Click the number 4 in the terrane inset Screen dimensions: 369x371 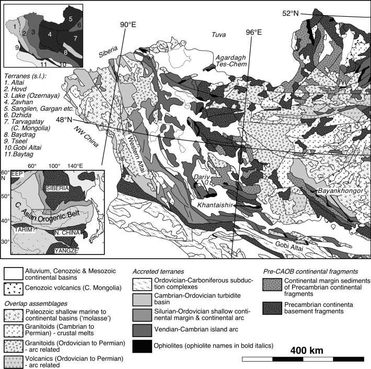coord(50,34)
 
